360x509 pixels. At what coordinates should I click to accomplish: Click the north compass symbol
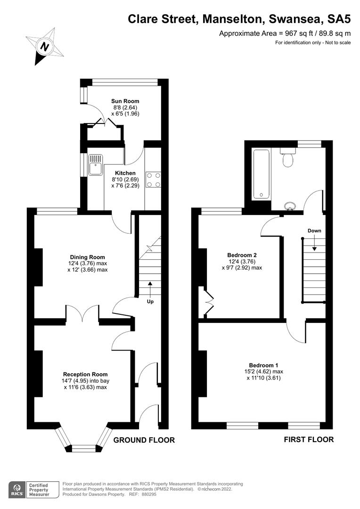[44, 46]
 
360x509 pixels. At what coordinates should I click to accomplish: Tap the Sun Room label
[125, 101]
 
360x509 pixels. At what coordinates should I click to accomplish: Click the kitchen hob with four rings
[153, 179]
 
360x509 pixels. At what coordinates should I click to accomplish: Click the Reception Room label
[82, 375]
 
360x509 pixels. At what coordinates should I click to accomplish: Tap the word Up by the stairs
[150, 301]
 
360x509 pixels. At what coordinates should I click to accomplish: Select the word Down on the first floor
[314, 231]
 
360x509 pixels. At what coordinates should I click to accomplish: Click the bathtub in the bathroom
[261, 174]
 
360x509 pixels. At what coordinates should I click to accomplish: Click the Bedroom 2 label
[242, 255]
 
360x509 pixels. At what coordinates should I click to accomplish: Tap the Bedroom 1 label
[263, 365]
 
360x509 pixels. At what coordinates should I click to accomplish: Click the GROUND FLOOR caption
[144, 440]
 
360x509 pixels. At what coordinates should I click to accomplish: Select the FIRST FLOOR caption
[309, 440]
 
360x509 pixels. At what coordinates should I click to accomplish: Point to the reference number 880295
[148, 494]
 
